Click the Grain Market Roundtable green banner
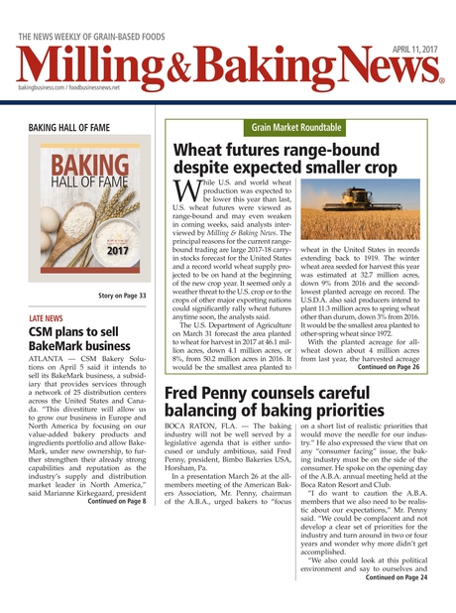click(x=296, y=128)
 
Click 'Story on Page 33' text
click(x=122, y=296)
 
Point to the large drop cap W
click(x=187, y=189)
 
